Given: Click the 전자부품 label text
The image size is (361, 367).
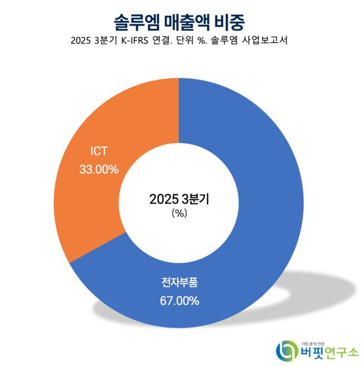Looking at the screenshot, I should (179, 283).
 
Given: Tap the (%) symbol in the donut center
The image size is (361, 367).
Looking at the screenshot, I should (179, 213).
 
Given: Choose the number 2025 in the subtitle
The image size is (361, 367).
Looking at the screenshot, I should (82, 42).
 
